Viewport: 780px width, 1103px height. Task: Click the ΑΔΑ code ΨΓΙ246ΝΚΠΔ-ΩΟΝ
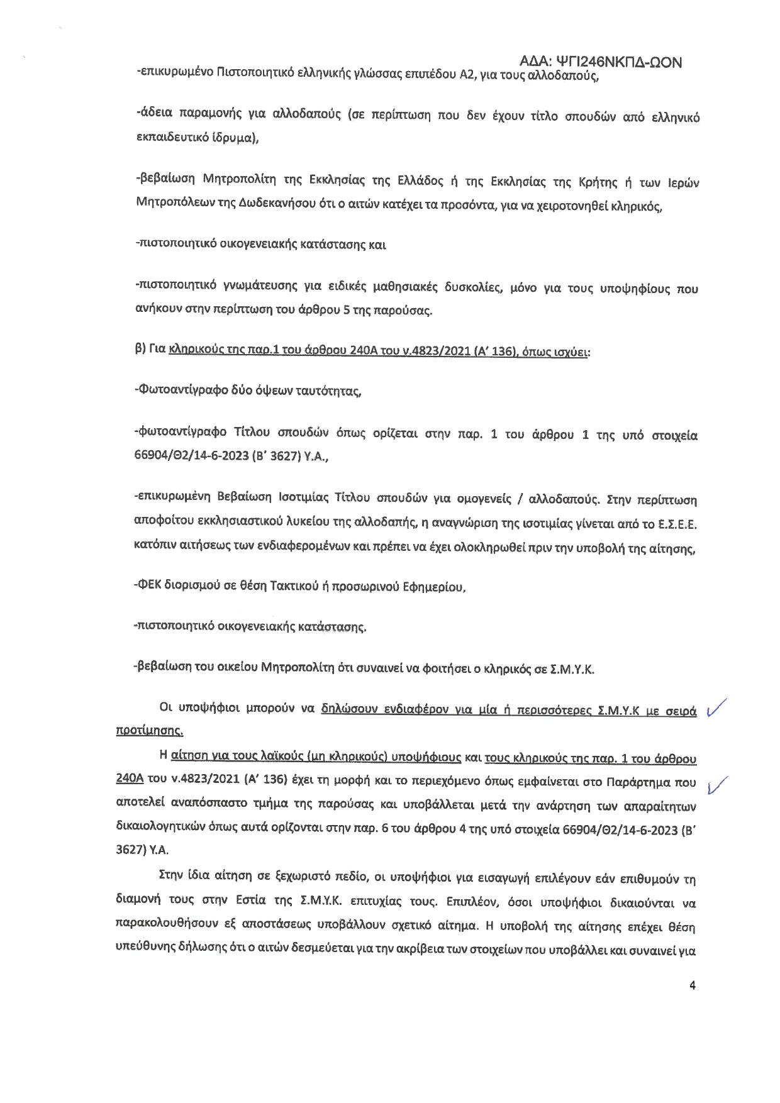point(601,62)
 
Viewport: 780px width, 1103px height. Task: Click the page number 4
point(693,986)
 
